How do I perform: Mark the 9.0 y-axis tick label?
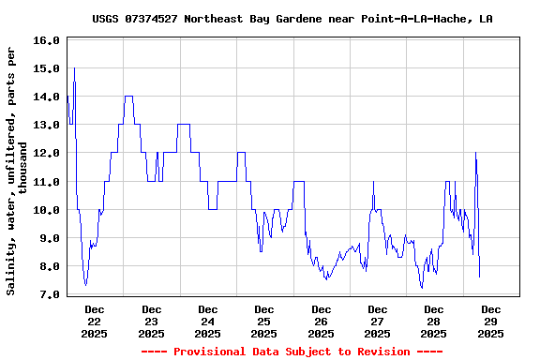tap(48, 238)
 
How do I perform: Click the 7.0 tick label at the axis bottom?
tap(48, 294)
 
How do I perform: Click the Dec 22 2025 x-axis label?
tap(95, 321)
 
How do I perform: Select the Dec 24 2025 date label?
tap(208, 321)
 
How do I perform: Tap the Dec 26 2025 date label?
tap(321, 321)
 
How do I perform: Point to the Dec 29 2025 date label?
tap(490, 321)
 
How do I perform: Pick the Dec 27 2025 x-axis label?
tap(377, 321)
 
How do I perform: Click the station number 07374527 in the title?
tap(155, 19)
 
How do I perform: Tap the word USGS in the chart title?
tap(106, 19)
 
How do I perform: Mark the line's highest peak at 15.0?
tap(74, 68)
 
